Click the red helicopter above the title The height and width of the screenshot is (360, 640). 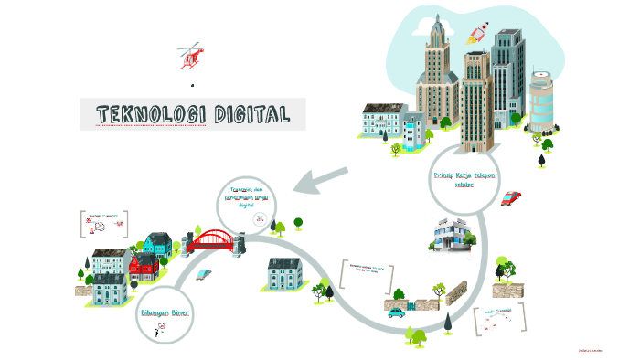point(190,55)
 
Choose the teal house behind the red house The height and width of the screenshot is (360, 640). point(157,244)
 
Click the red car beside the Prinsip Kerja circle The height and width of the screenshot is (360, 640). point(511,196)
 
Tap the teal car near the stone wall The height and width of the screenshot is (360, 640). point(396,312)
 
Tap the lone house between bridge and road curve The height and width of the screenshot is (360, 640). point(283,274)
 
